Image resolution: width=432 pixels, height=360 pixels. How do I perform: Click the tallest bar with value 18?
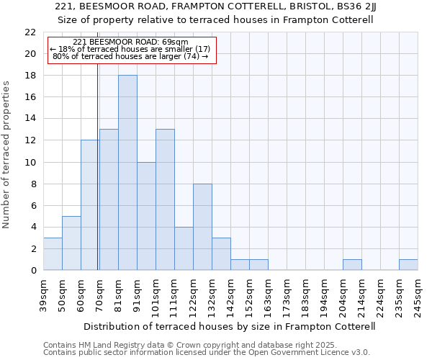pos(127,173)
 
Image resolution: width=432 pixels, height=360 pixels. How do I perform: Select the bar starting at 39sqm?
pos(53,253)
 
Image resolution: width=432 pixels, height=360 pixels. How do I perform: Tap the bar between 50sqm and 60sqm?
pos(71,243)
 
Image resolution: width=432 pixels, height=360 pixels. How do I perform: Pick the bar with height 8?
pos(202,227)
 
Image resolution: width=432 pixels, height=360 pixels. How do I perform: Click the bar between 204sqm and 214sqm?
pos(352,264)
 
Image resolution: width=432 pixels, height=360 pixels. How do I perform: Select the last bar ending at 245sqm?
pos(408,264)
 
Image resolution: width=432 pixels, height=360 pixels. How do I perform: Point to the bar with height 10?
pos(146,216)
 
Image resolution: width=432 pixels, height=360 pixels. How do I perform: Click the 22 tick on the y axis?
pos(30,32)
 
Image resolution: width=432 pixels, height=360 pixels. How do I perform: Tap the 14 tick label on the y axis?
pos(30,119)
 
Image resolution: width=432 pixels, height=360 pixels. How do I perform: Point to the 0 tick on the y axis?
pos(33,270)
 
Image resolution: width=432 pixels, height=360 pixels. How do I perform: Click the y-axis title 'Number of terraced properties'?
pos(7,155)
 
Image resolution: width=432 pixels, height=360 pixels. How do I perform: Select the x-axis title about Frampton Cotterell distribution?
pos(230,326)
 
